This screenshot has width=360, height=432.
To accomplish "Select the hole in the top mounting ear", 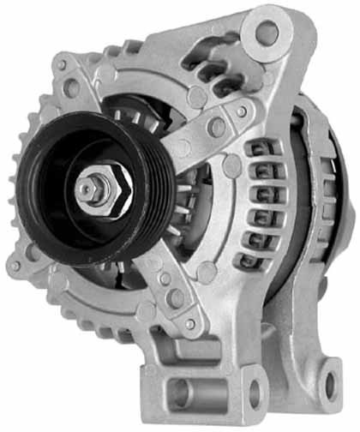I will click(x=267, y=33).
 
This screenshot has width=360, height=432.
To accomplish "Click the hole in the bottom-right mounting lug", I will click(x=331, y=390).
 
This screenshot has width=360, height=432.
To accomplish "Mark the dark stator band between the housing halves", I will click(x=296, y=206).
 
